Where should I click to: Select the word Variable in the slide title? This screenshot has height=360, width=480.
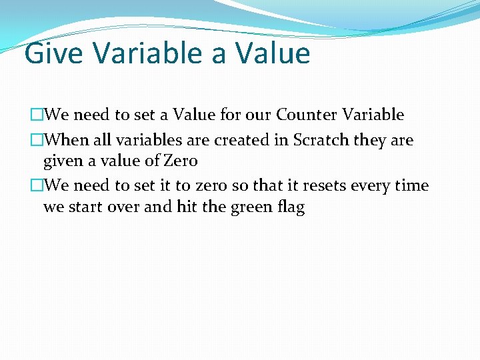tap(143, 53)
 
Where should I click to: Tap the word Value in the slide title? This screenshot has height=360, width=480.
tap(273, 53)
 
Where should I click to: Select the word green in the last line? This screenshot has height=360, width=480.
tap(253, 207)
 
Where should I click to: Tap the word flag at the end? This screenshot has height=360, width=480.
tap(291, 207)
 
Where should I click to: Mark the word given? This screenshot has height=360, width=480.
tap(62, 161)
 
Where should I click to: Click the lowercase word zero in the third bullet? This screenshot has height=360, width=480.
tap(211, 186)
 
